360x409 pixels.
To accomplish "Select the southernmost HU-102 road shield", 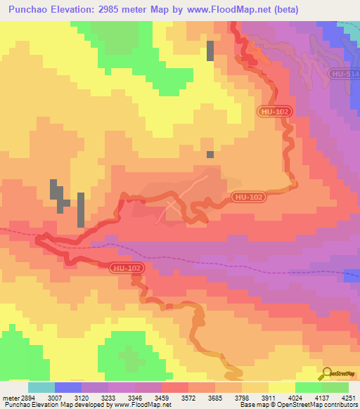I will tap(124, 267).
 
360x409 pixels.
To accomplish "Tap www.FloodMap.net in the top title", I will tap(225, 10).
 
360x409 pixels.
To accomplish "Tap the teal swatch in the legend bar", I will tap(41, 387).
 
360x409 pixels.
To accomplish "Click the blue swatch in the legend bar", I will tap(68, 387).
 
